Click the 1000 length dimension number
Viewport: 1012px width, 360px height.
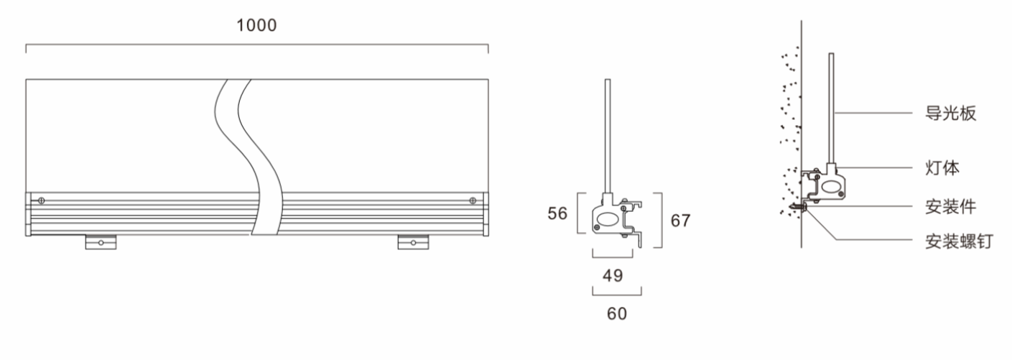256,25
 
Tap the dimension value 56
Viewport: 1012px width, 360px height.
557,213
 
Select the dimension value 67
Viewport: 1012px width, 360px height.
680,221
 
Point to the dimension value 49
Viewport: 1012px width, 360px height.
613,275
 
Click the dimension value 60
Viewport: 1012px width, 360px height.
617,313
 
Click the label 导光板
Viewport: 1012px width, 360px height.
950,113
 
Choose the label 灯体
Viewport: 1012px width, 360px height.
942,168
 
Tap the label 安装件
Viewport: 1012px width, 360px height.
950,207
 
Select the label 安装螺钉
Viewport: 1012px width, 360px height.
959,241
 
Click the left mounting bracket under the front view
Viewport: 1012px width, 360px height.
101,242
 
